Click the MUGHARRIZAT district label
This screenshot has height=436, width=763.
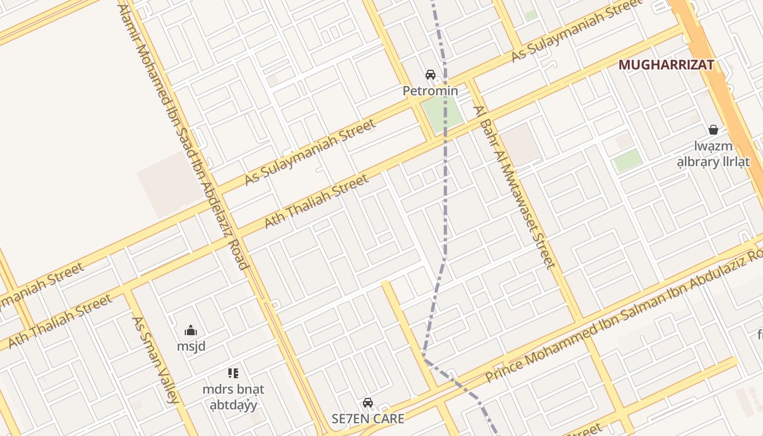click(666, 65)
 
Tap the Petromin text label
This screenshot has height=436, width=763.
click(430, 90)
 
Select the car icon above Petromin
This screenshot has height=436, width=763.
click(431, 75)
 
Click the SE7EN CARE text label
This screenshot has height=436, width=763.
click(368, 419)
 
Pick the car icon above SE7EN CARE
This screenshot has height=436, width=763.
click(368, 403)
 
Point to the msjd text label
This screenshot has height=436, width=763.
click(191, 346)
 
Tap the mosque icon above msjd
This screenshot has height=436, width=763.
click(191, 330)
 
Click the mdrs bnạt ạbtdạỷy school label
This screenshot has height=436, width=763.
click(233, 397)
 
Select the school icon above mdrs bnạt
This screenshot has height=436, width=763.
click(233, 373)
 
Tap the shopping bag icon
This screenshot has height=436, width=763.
click(713, 130)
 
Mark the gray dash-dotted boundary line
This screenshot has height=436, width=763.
click(445, 191)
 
